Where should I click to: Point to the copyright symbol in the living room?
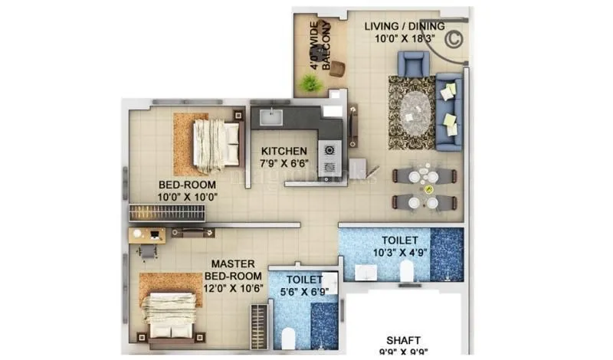pos(453,37)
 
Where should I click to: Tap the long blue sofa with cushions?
pos(450,112)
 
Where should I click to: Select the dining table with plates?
pos(425,189)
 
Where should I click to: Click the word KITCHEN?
pos(284,151)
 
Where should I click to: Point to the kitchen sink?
pos(270,119)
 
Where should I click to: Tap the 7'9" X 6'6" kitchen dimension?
pos(284,163)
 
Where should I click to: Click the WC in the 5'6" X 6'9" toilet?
pos(289,337)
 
